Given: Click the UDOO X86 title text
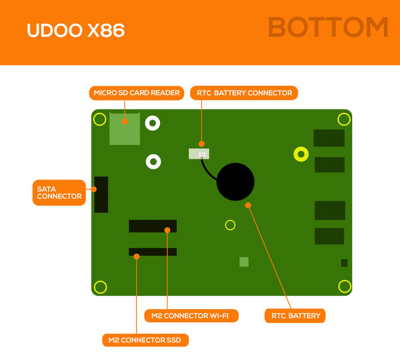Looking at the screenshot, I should (x=75, y=31).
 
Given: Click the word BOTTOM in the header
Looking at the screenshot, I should (x=328, y=28).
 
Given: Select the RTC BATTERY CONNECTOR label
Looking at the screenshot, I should (x=244, y=93).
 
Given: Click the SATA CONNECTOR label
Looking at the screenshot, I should (x=59, y=192).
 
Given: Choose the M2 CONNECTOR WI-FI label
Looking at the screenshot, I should (x=191, y=316).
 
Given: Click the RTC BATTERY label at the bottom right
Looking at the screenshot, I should (x=295, y=316).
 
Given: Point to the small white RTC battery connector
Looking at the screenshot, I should (x=199, y=154).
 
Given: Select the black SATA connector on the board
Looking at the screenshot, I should (x=101, y=194).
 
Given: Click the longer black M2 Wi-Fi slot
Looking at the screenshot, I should (x=152, y=226).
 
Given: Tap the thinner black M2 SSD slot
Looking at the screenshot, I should (x=152, y=252).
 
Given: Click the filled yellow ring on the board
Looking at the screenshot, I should (x=301, y=154).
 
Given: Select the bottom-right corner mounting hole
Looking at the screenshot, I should (x=344, y=286).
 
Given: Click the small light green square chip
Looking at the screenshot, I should (x=244, y=262).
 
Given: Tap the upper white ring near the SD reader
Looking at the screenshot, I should (x=153, y=124).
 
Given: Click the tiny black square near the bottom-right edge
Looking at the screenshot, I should (x=344, y=263).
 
